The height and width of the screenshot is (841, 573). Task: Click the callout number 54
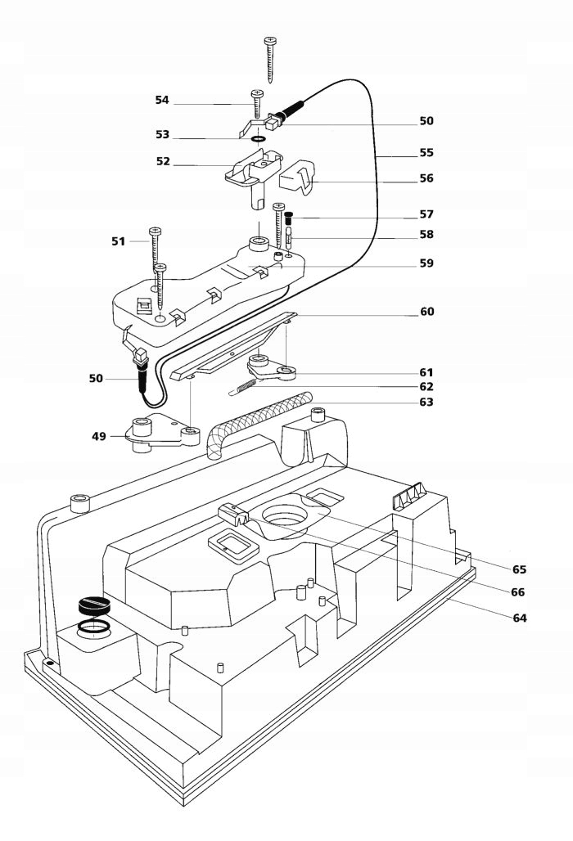click(162, 100)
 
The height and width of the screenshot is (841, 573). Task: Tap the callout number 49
click(99, 436)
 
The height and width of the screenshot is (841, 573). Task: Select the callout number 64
click(519, 618)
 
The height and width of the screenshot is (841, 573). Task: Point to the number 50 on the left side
click(96, 378)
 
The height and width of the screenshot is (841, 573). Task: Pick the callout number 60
click(427, 311)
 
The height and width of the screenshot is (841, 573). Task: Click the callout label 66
click(517, 592)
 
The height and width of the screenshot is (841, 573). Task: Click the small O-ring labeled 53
click(259, 140)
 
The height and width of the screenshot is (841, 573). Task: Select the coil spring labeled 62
click(244, 387)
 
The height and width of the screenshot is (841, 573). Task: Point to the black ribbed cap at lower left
click(94, 605)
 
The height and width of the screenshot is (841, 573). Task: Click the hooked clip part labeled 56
click(298, 176)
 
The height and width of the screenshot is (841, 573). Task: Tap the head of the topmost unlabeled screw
click(270, 40)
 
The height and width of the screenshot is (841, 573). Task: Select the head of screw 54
click(256, 93)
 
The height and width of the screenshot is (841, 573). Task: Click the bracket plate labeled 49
click(161, 434)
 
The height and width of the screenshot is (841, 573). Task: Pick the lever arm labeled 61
click(272, 367)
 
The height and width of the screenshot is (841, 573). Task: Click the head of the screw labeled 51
click(155, 232)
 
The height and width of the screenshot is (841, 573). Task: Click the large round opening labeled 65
click(284, 517)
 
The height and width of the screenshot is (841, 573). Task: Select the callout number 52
click(163, 161)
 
